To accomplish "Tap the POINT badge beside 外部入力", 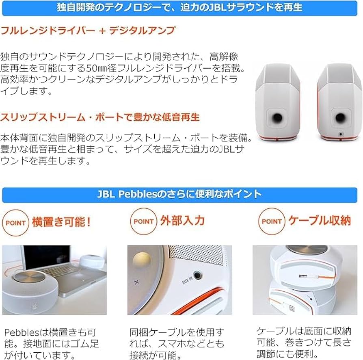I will pyautogui.click(x=143, y=221).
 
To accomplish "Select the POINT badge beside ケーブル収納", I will pyautogui.click(x=272, y=221).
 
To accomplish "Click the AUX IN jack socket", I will pyautogui.click(x=198, y=275).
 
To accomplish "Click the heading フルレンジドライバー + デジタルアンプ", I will pyautogui.click(x=88, y=30).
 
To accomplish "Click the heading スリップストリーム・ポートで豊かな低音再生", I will pyautogui.click(x=100, y=117).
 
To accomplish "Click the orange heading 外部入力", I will pyautogui.click(x=182, y=221).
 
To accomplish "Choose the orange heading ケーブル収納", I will pyautogui.click(x=319, y=221).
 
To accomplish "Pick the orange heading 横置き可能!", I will pyautogui.click(x=61, y=221).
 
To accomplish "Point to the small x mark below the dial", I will pyautogui.click(x=136, y=281).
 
